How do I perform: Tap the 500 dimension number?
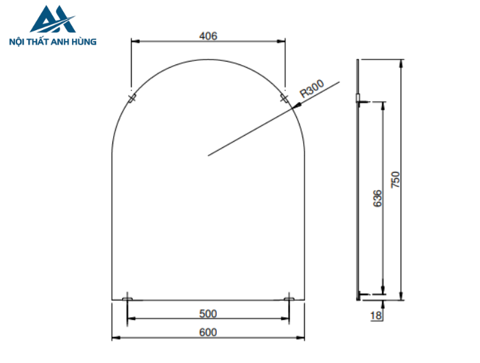click(x=208, y=314)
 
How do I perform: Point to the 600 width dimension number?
click(x=208, y=332)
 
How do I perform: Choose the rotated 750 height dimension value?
click(x=395, y=179)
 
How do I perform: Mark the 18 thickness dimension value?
click(x=375, y=316)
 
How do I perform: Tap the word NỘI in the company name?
click(x=16, y=42)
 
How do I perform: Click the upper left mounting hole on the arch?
click(x=132, y=98)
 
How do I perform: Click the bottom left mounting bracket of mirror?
click(x=128, y=299)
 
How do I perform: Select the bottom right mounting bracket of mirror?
click(x=289, y=299)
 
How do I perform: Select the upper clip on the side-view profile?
click(x=359, y=102)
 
